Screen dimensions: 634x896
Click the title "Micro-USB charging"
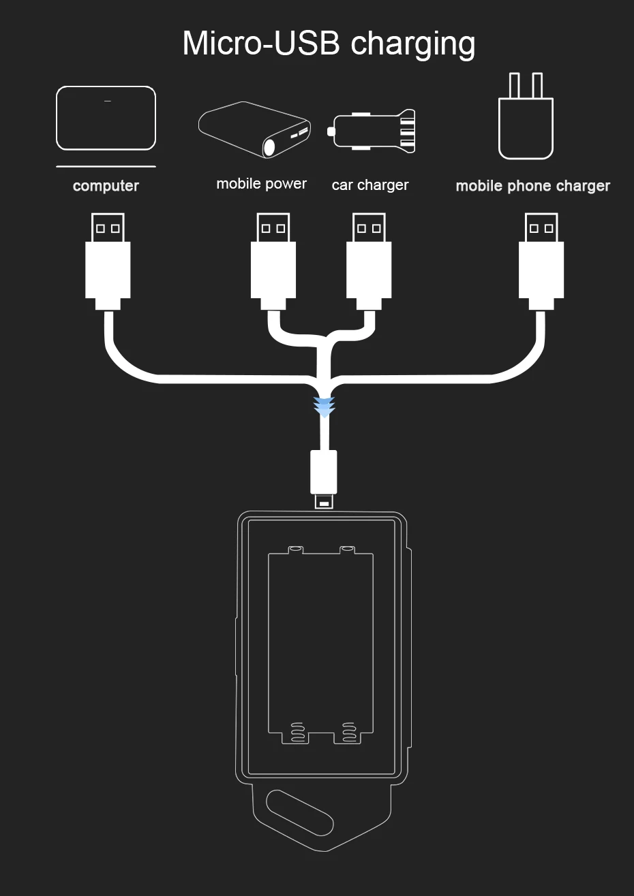click(x=329, y=43)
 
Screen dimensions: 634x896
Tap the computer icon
click(x=106, y=118)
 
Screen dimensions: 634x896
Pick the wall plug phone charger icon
click(x=526, y=118)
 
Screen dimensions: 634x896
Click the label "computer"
click(x=106, y=186)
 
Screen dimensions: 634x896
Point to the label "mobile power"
click(x=261, y=184)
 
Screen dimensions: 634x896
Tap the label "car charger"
click(x=370, y=185)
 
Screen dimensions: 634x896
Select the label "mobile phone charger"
click(x=532, y=186)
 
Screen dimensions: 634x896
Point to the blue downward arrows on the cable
click(x=324, y=406)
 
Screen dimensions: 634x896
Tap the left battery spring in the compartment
click(x=298, y=731)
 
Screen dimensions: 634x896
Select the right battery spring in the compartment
click(x=348, y=731)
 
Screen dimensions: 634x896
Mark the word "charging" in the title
click(x=412, y=44)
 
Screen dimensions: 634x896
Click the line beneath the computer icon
click(x=106, y=166)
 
